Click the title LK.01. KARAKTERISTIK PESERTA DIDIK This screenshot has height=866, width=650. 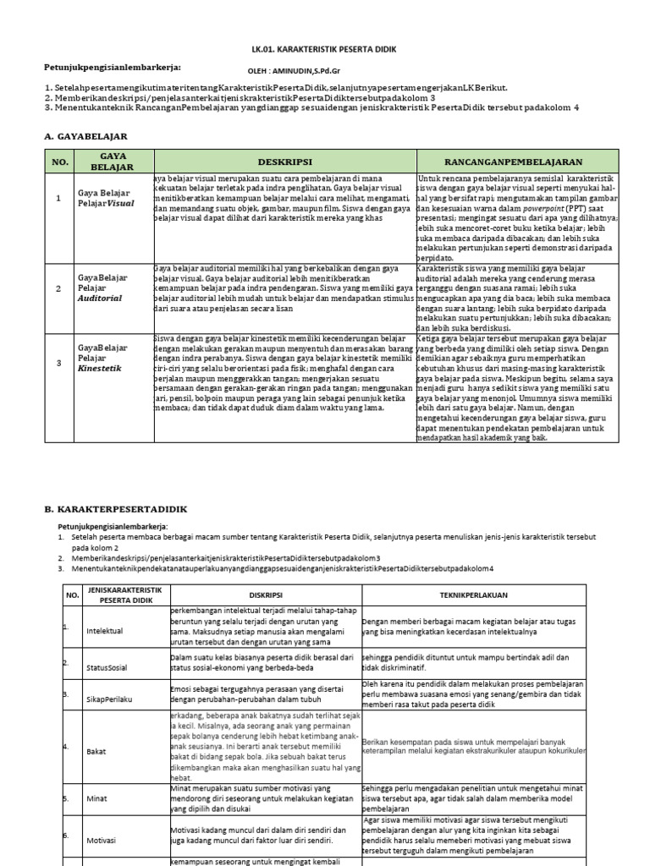coord(324,50)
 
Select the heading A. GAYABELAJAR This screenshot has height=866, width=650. coord(85,135)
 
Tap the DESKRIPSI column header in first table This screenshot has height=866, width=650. coord(284,162)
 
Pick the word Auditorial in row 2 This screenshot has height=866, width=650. coord(100,299)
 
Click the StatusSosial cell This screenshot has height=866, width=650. coord(107,667)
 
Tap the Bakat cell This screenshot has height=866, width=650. coord(96,751)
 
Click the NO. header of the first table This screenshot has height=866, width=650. coord(59,162)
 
